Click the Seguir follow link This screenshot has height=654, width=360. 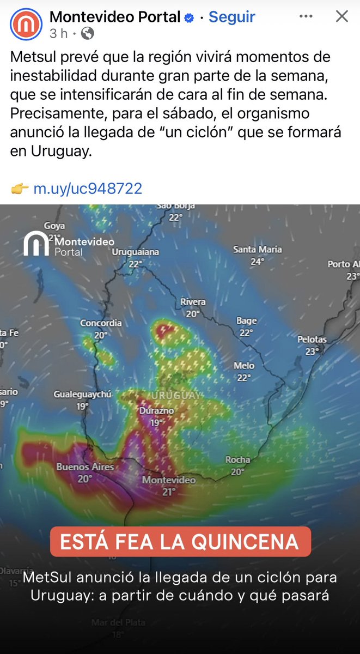coord(232,17)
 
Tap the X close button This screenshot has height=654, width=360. coord(341,16)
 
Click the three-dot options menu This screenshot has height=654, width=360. coord(307,17)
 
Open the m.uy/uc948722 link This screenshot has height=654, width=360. coord(88,189)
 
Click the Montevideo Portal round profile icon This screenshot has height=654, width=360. coord(26,24)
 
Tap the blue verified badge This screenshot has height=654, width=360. coord(189,18)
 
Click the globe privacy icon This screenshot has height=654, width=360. coord(87,33)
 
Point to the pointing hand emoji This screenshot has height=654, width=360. coord(20,189)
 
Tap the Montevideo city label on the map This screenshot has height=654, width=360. coord(168,480)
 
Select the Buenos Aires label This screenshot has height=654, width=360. coord(85,467)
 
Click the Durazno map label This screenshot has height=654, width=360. coord(156,410)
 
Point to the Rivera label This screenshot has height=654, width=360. coord(193,302)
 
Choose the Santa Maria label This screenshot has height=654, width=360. coord(257,250)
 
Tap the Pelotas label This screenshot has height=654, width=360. coord(312,340)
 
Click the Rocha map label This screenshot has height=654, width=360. coord(237,460)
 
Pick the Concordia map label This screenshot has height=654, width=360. coord(101,323)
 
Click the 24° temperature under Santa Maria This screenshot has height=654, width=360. coord(257,262)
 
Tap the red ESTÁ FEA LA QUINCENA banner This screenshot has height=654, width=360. coord(180,542)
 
